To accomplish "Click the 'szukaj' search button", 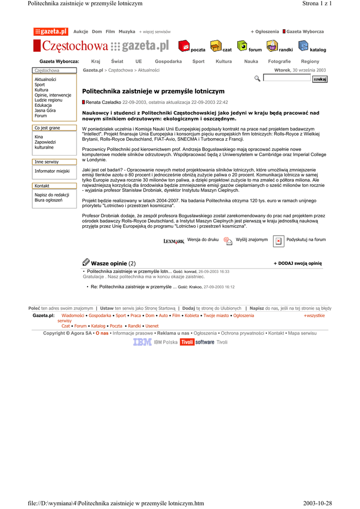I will [x=320, y=80].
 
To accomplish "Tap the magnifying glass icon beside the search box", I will [x=257, y=79].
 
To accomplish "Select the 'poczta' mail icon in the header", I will [x=184, y=46].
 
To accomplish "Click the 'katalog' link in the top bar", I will [x=318, y=50].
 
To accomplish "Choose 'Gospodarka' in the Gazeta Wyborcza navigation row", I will [x=168, y=61].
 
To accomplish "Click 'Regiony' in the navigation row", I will [x=310, y=61].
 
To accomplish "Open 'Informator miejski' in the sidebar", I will [x=52, y=171].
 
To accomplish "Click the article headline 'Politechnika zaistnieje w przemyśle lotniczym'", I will [x=153, y=91].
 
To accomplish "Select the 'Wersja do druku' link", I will [x=203, y=240].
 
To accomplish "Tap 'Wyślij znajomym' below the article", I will [x=252, y=240].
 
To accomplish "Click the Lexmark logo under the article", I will [x=174, y=241].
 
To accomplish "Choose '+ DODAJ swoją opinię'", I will [x=298, y=263].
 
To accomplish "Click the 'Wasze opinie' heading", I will [x=109, y=263].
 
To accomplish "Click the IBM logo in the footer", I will [x=142, y=342].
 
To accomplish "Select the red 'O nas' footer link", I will [x=102, y=333].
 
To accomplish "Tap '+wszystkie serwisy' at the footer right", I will [x=314, y=316].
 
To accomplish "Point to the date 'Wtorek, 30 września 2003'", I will [x=300, y=71].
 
